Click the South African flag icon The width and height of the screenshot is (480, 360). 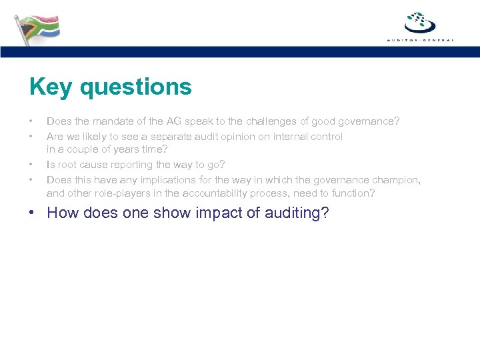coord(37,29)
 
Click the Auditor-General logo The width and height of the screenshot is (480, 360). coord(420,26)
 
